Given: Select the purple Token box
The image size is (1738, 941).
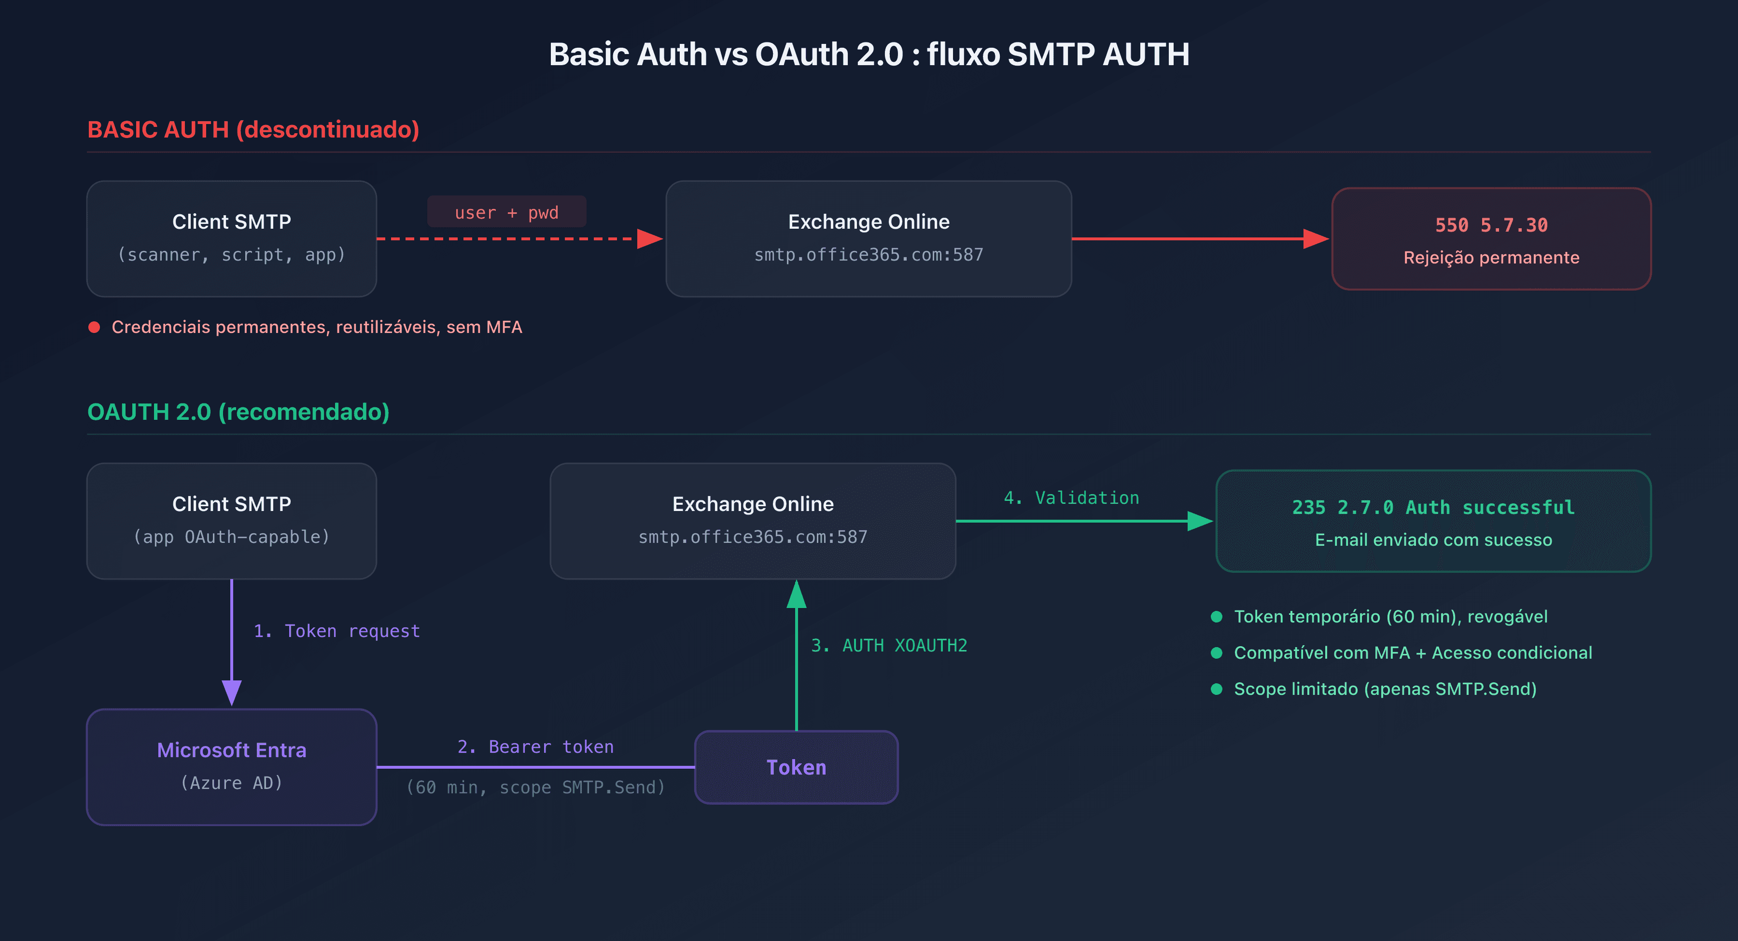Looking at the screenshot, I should [x=796, y=767].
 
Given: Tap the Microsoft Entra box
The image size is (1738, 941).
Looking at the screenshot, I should [x=231, y=766].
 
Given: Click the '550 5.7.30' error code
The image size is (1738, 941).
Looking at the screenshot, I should [x=1491, y=225].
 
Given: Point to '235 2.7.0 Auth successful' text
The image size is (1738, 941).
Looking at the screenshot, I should [x=1433, y=507].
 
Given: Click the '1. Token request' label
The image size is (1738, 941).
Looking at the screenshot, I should [x=336, y=631].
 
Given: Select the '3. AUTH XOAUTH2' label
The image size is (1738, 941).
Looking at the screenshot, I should [x=889, y=646].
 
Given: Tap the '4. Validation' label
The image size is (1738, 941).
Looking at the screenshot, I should [x=1071, y=498].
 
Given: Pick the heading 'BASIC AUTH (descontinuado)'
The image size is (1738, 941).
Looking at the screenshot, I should [x=253, y=129].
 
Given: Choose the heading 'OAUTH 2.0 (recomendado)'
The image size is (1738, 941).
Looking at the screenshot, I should [x=238, y=412].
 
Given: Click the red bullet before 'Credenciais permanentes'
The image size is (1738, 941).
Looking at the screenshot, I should [x=95, y=327].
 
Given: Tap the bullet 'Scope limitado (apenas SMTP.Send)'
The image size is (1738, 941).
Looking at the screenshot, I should [x=1385, y=689].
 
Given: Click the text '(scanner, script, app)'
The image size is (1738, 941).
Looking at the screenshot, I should [x=231, y=255].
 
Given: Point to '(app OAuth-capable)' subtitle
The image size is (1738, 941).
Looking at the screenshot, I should [x=231, y=537].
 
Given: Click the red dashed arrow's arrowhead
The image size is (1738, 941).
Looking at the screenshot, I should [x=649, y=239].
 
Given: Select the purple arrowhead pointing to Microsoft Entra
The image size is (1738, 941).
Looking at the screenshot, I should [x=231, y=692].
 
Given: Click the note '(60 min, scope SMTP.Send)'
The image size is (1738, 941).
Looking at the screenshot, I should [x=536, y=787].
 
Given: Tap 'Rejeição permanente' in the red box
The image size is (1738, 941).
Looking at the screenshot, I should [x=1491, y=258].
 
